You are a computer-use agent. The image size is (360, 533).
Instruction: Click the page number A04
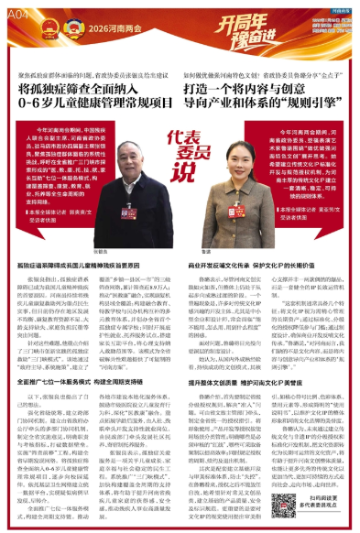(18, 16)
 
